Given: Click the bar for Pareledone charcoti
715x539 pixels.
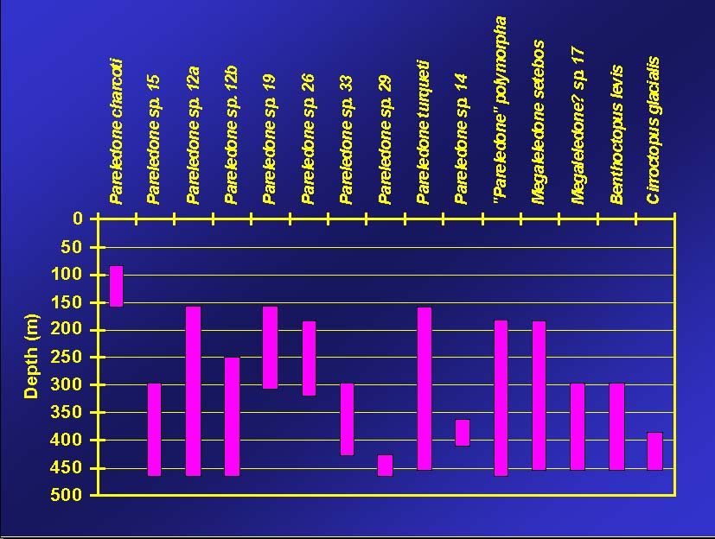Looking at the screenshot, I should click(116, 286).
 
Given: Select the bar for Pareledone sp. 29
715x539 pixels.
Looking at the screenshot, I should click(385, 465).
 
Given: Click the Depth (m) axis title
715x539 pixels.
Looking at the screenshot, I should click(32, 357).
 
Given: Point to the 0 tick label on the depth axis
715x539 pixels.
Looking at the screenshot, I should click(78, 219).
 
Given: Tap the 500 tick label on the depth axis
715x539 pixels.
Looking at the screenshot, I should click(71, 495).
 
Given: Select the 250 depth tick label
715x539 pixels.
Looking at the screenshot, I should click(71, 357).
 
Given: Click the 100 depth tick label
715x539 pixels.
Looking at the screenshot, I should click(71, 275).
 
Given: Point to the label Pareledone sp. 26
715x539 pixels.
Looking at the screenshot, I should click(308, 138).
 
